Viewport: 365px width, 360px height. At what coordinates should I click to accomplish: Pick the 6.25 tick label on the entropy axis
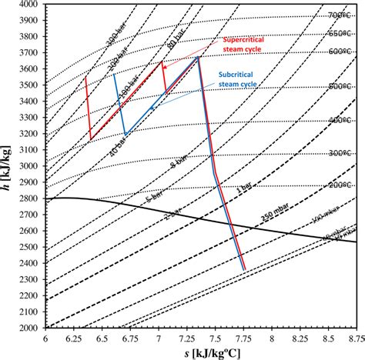(75, 338)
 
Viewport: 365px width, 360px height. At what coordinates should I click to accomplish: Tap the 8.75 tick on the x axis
(355, 338)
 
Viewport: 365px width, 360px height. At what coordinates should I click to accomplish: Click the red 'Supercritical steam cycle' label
(245, 45)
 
